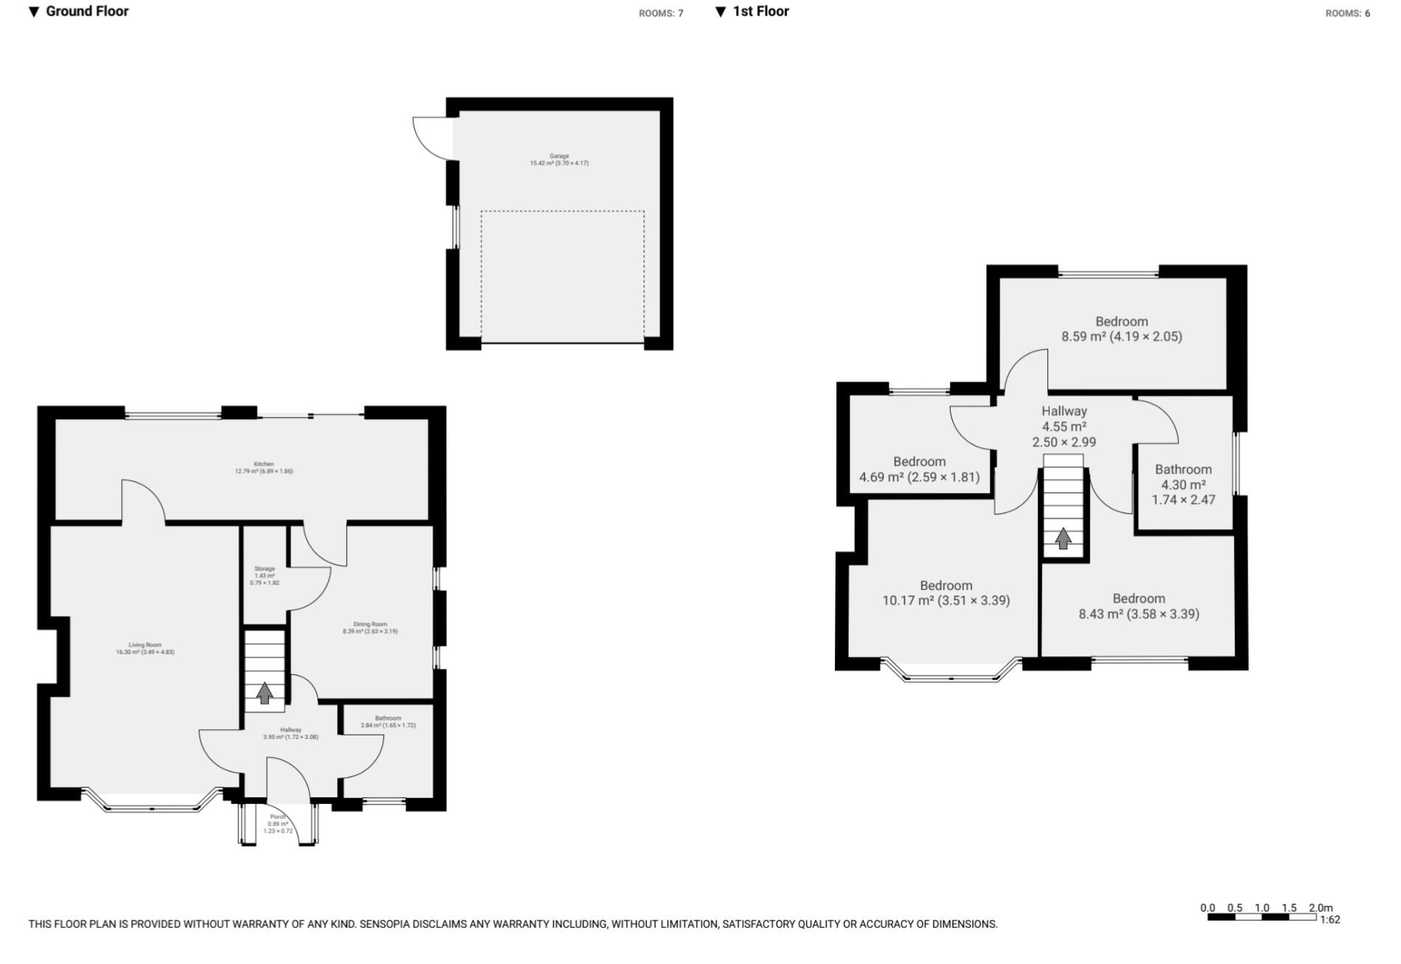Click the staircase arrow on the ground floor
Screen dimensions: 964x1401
pos(264,692)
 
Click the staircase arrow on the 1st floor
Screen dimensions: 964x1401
pos(1063,538)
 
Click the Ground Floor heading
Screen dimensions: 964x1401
pos(86,11)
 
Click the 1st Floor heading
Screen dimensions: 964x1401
pos(760,11)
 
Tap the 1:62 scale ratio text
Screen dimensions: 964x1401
pos(1329,920)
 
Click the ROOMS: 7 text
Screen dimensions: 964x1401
pos(661,13)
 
